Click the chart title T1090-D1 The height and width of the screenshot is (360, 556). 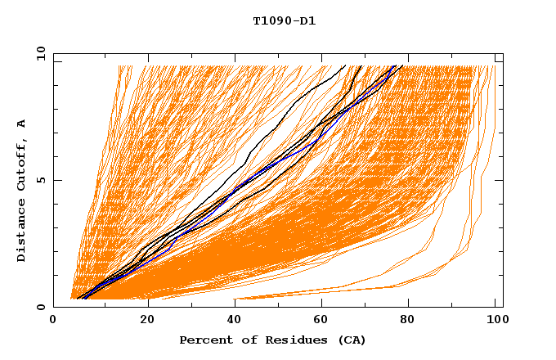pos(284,21)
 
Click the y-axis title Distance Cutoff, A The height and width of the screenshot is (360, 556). pos(21,190)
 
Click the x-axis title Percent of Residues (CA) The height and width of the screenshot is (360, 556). pos(272,340)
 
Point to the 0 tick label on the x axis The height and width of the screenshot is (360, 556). pos(53,322)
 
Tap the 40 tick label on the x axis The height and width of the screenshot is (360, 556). pos(235,322)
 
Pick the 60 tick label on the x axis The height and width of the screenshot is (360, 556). pos(325,322)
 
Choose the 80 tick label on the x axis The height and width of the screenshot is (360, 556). pos(413,322)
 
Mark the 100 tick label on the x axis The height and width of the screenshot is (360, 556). pos(494,322)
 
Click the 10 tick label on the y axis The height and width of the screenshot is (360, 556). pos(39,54)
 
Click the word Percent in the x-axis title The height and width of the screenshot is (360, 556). pos(204,340)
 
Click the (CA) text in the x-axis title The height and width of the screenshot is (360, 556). pos(350,340)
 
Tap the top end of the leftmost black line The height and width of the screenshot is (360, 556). pos(345,65)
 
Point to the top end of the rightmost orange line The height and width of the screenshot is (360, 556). pos(495,65)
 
